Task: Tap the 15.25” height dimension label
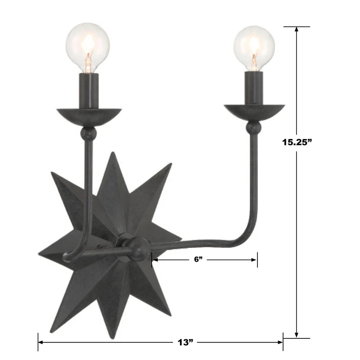click(297, 142)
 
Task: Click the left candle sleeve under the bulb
click(89, 90)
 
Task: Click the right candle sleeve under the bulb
click(254, 88)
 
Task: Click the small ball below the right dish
click(254, 129)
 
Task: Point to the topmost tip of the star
click(112, 154)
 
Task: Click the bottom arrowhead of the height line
click(297, 335)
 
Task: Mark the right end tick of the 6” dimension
click(257, 260)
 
